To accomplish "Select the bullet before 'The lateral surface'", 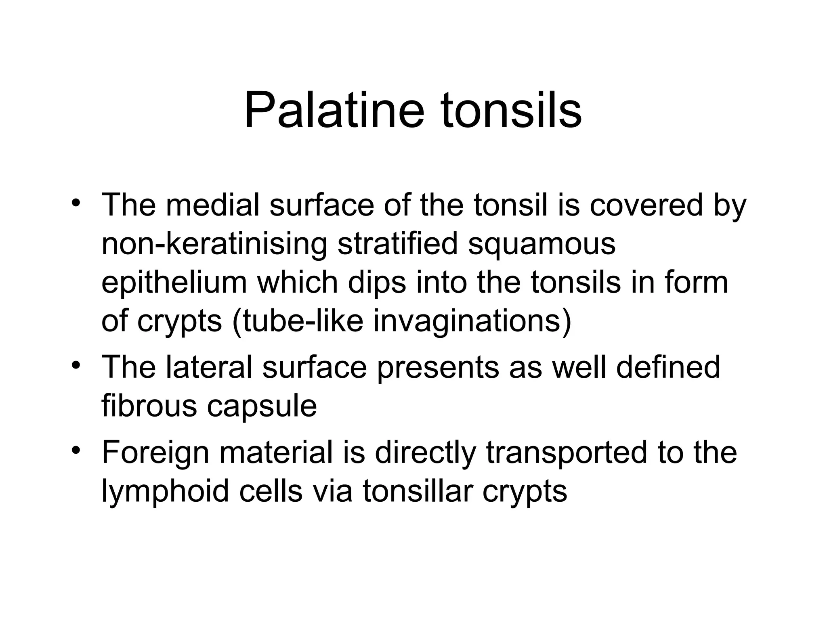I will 75,365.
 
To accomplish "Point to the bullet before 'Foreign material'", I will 75,450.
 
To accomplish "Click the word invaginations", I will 472,322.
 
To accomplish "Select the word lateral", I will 208,367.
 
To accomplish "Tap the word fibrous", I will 149,406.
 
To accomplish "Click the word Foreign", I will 155,452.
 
